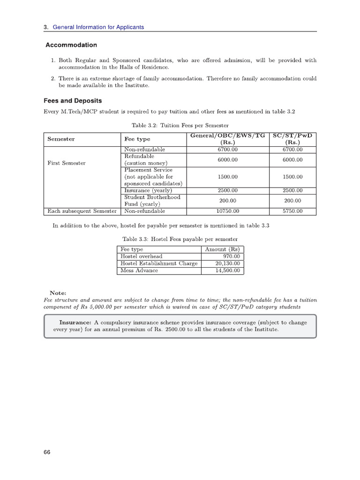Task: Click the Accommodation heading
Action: (71, 45)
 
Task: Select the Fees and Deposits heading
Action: (73, 101)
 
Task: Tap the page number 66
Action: (47, 452)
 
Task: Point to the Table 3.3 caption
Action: (180, 239)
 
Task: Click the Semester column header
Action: (61, 139)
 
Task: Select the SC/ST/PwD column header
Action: (293, 139)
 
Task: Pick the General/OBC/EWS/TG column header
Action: (228, 139)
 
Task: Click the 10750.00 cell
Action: (228, 211)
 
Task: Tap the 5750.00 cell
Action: (293, 211)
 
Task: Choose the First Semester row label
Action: (66, 163)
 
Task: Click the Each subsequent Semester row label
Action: (82, 211)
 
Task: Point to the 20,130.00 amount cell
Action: (228, 263)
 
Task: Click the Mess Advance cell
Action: (139, 270)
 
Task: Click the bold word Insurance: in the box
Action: (75, 322)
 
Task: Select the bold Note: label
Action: (58, 293)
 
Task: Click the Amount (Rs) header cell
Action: (222, 249)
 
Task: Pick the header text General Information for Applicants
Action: (98, 27)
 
